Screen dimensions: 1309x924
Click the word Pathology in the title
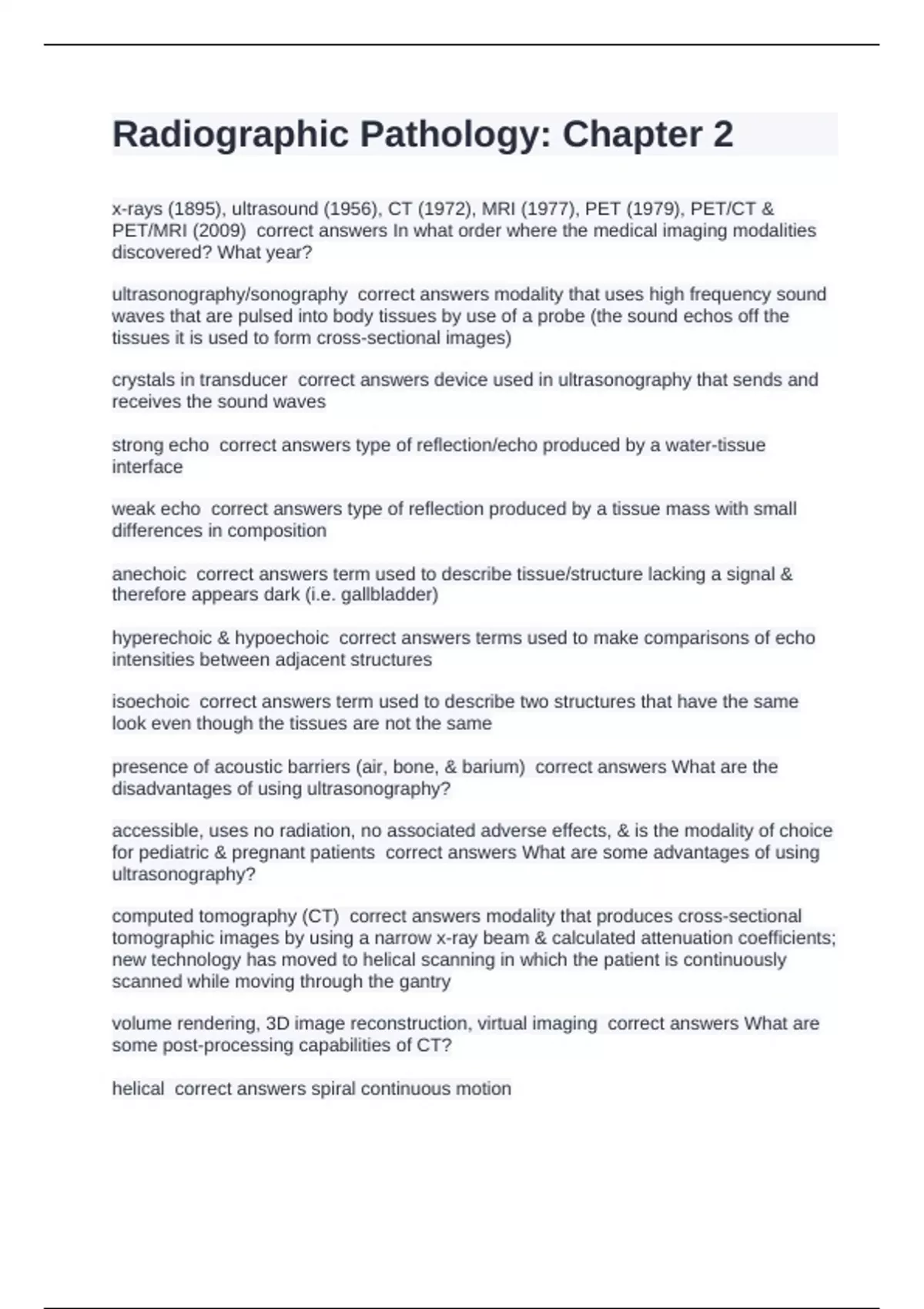tap(455, 136)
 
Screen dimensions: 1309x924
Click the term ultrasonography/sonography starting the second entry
tap(229, 294)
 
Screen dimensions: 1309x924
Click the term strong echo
tap(160, 445)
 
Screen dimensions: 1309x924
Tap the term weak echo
tap(156, 509)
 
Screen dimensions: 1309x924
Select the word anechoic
tap(149, 574)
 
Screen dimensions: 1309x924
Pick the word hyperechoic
tap(162, 638)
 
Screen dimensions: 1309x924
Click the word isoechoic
tap(150, 701)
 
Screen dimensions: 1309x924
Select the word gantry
tap(426, 982)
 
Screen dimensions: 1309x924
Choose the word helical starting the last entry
tap(138, 1089)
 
